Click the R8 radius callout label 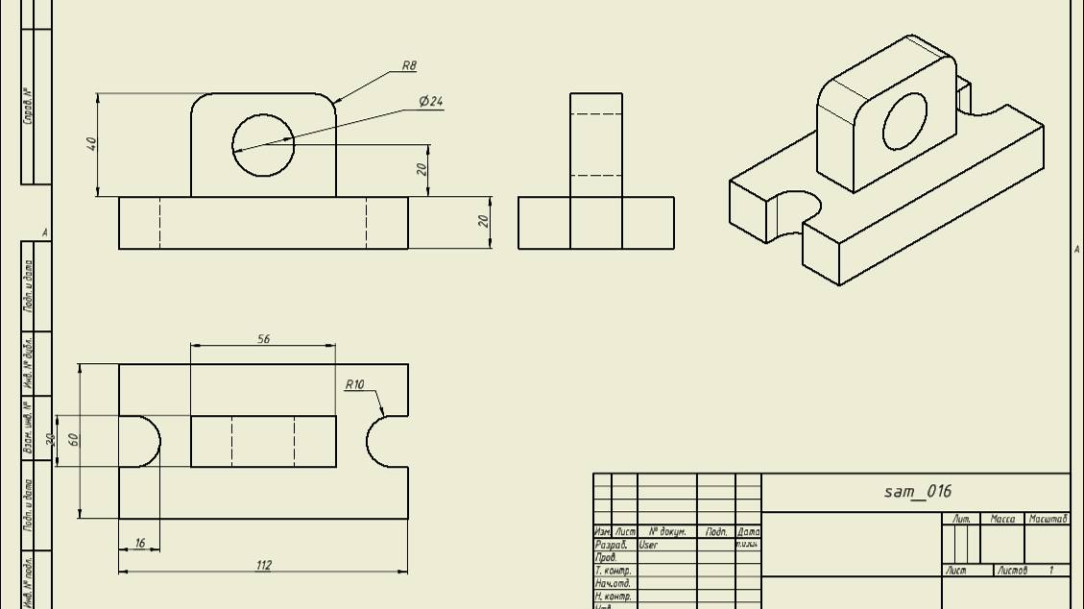point(409,66)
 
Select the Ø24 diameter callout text point(431,101)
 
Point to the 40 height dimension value point(92,144)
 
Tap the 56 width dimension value point(264,339)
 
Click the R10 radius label point(355,384)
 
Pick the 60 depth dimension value point(73,439)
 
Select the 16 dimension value point(140,543)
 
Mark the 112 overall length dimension point(264,565)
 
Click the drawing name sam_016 point(917,492)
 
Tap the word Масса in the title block point(1001,519)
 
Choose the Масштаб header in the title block point(1048,519)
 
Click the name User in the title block point(648,545)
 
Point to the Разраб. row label point(610,545)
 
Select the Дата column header point(748,531)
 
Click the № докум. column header point(666,531)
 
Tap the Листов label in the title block point(1011,571)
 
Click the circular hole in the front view point(263,145)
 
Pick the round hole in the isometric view point(904,122)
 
